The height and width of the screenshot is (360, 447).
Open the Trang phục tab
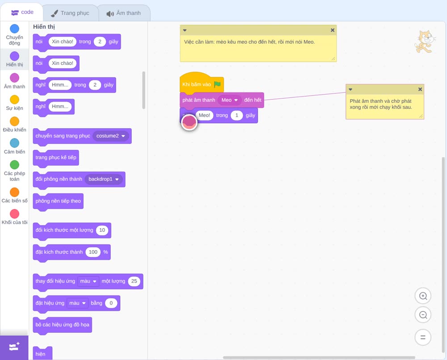click(70, 13)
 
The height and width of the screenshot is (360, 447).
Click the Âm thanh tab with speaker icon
click(124, 13)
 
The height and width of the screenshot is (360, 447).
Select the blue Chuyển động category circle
click(15, 29)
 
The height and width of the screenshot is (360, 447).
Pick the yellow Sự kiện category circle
click(15, 100)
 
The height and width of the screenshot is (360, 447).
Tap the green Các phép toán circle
click(15, 165)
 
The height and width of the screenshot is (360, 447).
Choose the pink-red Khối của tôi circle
click(15, 213)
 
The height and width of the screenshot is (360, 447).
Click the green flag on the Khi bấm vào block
click(218, 84)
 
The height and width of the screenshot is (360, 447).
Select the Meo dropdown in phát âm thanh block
click(229, 100)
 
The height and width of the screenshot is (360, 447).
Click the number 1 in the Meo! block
click(236, 115)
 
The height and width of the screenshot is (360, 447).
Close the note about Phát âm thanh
click(420, 89)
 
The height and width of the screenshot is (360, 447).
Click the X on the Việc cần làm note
click(333, 30)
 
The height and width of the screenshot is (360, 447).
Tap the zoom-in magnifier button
click(423, 296)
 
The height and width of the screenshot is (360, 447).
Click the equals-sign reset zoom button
click(423, 337)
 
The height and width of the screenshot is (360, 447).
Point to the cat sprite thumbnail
click(425, 42)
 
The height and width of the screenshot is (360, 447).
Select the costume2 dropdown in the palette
click(110, 136)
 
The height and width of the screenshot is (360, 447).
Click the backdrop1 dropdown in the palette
click(104, 179)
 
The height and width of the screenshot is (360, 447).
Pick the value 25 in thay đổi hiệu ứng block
click(134, 281)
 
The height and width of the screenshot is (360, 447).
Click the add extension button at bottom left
click(14, 347)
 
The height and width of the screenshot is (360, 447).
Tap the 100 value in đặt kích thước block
click(93, 252)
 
